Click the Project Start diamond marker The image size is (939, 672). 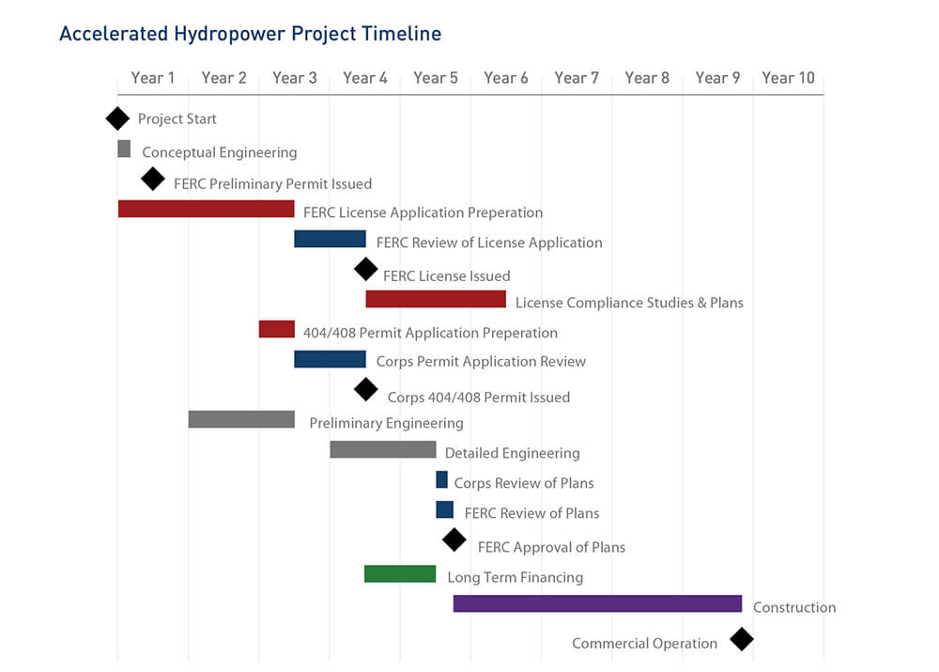117,118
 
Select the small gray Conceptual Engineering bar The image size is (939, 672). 124,148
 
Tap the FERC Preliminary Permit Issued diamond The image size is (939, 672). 153,179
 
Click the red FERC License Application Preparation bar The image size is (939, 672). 206,209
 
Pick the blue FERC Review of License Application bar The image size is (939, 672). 330,239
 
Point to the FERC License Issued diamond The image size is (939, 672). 366,269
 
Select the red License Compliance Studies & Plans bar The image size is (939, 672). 436,299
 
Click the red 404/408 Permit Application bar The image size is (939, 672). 277,329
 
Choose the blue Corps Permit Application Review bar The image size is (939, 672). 330,359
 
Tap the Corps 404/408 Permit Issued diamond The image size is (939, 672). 366,390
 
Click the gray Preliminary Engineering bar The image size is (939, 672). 241,419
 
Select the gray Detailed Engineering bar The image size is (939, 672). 383,449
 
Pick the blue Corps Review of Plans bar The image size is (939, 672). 442,479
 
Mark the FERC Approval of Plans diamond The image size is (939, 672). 454,539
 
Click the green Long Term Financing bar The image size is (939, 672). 400,573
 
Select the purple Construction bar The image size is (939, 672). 597,603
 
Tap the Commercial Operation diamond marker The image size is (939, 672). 742,639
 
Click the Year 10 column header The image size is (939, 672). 788,78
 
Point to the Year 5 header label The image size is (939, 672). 436,78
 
